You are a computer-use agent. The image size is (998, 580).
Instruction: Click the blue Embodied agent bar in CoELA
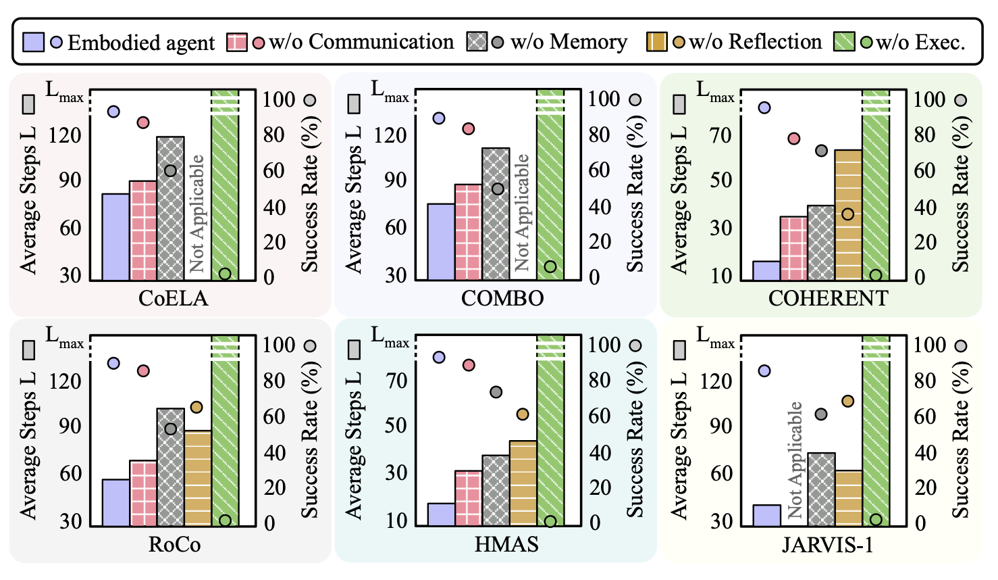click(115, 237)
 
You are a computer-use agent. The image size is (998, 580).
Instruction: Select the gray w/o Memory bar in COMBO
click(496, 214)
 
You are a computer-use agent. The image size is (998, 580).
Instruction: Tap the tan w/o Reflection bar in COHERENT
click(848, 215)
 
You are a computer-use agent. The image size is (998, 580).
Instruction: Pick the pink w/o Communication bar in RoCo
click(143, 493)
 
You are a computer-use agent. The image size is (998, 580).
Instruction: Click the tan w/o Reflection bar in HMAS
click(523, 483)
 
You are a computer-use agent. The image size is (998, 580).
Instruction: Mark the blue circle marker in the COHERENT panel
click(764, 107)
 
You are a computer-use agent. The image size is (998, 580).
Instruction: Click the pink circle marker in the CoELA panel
click(143, 122)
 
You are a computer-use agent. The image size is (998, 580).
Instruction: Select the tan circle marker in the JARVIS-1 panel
click(848, 401)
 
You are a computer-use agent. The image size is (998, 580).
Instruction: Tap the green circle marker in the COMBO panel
click(550, 266)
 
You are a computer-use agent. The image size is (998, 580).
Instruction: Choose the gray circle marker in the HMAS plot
click(496, 392)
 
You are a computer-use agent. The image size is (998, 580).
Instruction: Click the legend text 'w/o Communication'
click(361, 42)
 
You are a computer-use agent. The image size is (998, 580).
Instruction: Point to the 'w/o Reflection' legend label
click(755, 42)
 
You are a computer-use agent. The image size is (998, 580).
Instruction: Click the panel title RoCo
click(174, 544)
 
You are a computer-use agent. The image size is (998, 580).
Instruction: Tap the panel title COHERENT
click(828, 298)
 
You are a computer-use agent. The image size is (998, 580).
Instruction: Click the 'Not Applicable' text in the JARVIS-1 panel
click(795, 460)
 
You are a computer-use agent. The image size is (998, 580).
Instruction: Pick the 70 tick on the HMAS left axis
click(396, 381)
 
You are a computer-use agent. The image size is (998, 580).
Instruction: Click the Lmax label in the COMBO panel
click(390, 91)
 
